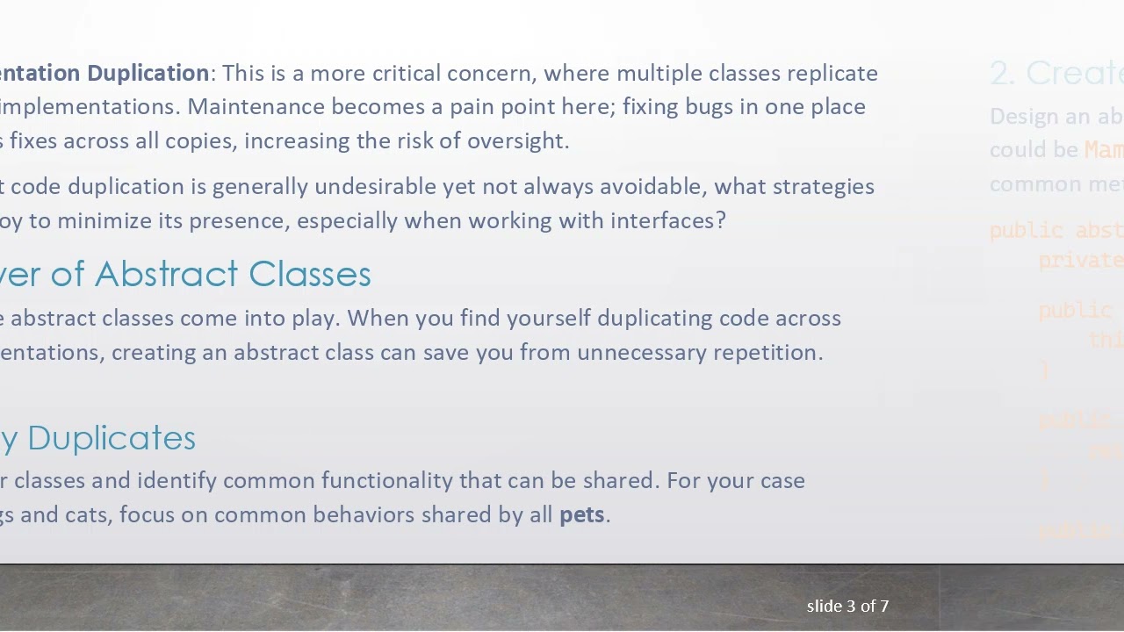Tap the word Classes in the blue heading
[310, 274]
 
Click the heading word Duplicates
[112, 438]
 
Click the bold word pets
[581, 515]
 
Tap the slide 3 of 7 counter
[847, 606]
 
